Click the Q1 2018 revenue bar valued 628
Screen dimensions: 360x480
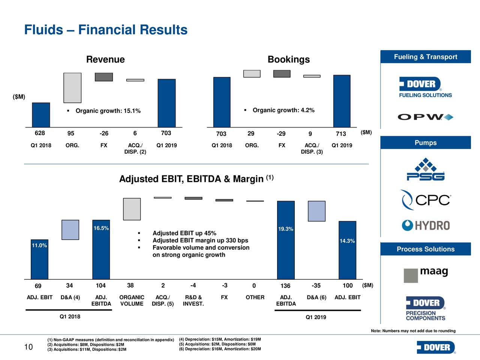41,115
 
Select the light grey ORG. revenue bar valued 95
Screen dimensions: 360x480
72,88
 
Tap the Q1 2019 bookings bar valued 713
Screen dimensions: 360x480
342,101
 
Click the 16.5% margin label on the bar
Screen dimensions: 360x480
101,228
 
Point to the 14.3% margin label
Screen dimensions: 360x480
347,241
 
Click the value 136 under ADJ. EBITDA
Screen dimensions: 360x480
285,286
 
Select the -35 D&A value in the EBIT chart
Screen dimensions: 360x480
316,286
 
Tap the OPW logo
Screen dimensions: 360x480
426,117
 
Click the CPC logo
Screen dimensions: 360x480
426,200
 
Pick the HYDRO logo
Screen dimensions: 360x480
426,225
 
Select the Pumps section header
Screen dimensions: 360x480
426,143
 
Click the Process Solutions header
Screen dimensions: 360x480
426,249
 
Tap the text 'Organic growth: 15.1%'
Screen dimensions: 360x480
108,111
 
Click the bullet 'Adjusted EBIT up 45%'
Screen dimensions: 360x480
184,233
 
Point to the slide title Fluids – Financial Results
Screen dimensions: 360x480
106,30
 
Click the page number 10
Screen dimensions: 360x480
28,347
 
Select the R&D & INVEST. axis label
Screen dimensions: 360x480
193,300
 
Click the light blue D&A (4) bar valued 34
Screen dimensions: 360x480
70,229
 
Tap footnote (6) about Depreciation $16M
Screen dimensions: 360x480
220,349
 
